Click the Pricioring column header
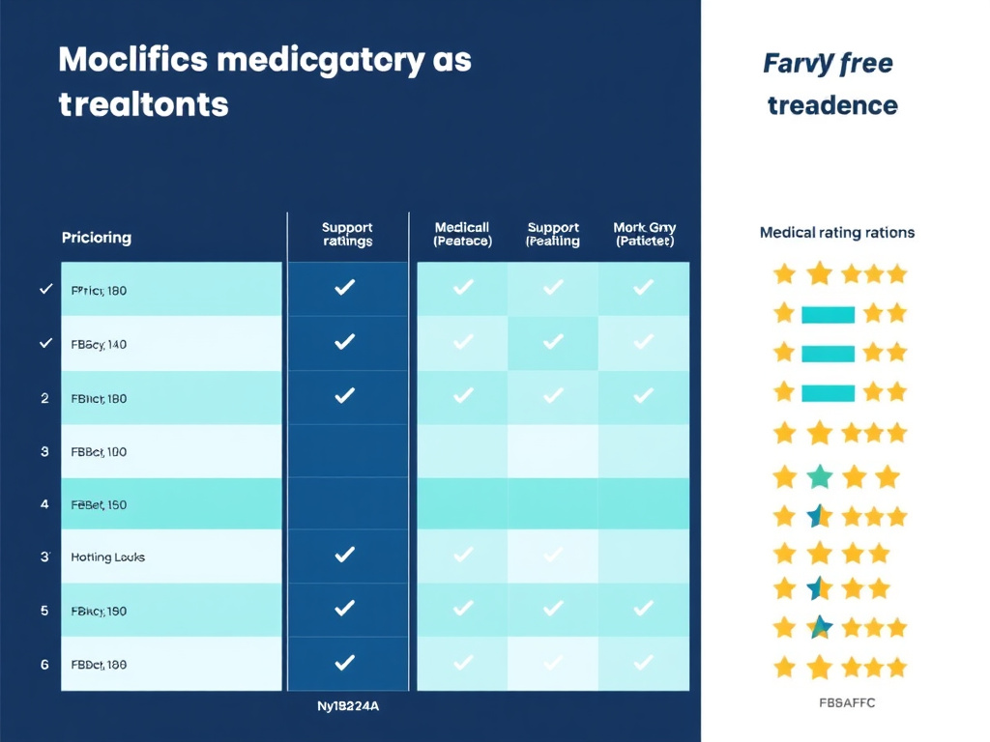(96, 237)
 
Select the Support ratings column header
(346, 235)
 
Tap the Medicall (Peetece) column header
(462, 235)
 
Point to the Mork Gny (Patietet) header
(643, 235)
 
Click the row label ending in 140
(99, 343)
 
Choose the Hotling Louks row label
(107, 557)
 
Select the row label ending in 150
(99, 504)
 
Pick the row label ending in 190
(99, 611)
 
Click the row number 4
(44, 504)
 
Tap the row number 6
(44, 665)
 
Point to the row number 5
(44, 611)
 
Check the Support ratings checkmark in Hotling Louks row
(344, 555)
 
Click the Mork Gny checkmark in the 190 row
(643, 609)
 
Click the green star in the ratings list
(819, 476)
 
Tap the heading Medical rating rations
(836, 233)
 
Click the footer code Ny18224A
(347, 706)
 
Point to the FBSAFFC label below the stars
(846, 703)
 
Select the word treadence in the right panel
(832, 105)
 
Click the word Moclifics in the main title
(132, 60)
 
